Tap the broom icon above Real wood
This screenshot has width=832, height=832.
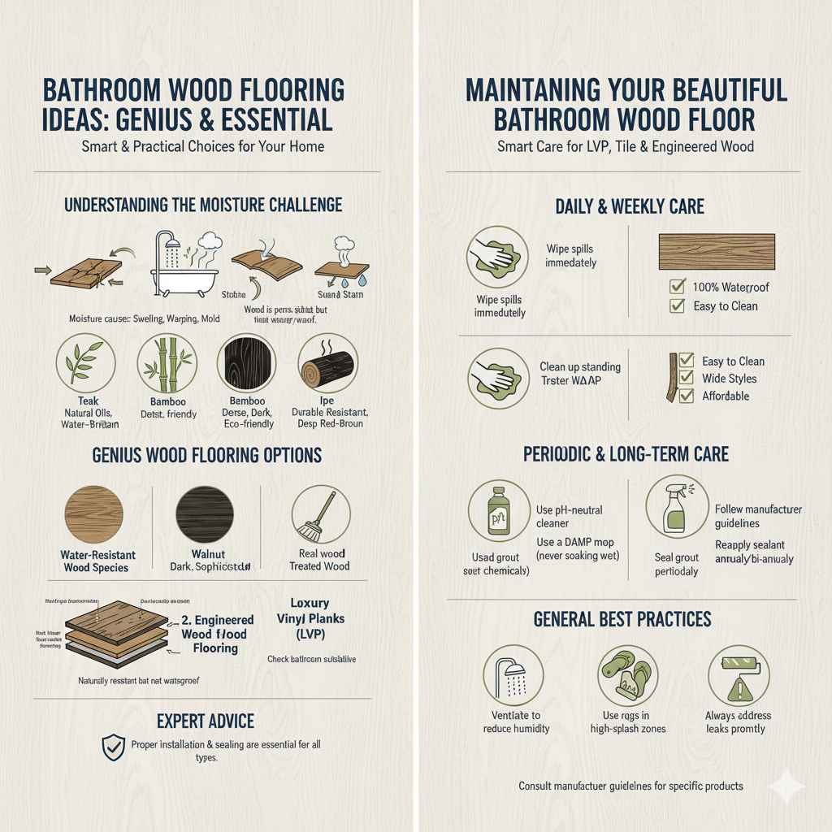pyautogui.click(x=320, y=515)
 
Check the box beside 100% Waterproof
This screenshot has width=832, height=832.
pyautogui.click(x=676, y=287)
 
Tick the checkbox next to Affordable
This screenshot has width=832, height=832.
pyautogui.click(x=686, y=396)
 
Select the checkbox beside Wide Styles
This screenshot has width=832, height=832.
pyautogui.click(x=686, y=378)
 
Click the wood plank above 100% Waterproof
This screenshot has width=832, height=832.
pyautogui.click(x=715, y=252)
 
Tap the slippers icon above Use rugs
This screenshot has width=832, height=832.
pyautogui.click(x=627, y=674)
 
